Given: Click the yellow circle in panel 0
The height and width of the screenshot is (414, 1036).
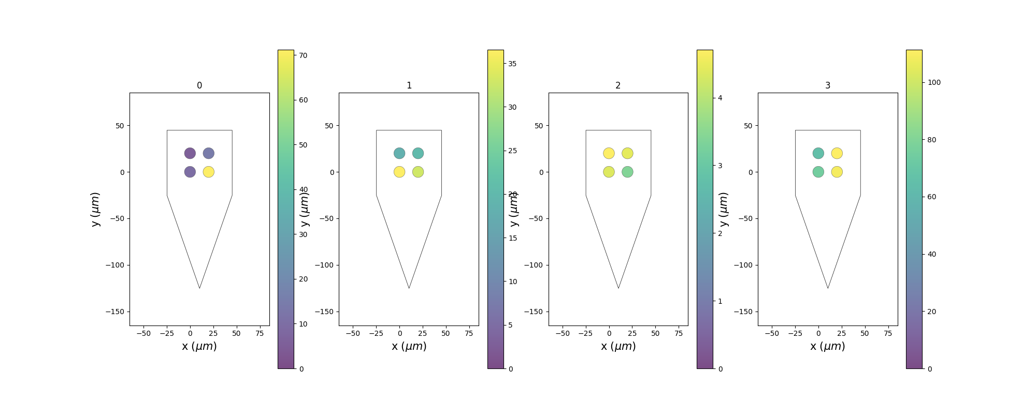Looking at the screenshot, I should (x=208, y=172).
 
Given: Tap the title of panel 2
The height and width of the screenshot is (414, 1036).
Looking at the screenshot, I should (x=618, y=85).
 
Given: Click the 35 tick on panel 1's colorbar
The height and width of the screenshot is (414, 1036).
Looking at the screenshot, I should (x=512, y=64).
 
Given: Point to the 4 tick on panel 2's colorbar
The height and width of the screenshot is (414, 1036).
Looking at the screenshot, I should (x=720, y=98).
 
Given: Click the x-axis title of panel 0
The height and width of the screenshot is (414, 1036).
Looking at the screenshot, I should (x=199, y=346).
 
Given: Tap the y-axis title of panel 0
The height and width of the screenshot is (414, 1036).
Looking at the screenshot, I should (x=95, y=209).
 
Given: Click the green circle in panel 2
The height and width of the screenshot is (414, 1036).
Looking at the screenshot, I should (x=627, y=172).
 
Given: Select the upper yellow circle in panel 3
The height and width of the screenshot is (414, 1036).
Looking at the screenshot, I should (x=837, y=153).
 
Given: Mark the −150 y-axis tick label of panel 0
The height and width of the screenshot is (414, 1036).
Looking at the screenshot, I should (x=118, y=312).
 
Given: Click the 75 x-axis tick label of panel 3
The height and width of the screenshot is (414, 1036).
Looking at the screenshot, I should (x=888, y=333).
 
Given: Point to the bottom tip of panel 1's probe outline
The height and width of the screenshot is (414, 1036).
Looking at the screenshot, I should (x=409, y=288).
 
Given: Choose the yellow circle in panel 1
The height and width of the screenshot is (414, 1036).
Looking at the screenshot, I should (x=399, y=172).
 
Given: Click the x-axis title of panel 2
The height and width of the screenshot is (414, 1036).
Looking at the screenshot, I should (x=618, y=346).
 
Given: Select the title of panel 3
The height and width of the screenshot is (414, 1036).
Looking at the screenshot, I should (x=828, y=85).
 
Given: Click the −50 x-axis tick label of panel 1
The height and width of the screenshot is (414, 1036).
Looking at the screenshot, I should (x=353, y=333).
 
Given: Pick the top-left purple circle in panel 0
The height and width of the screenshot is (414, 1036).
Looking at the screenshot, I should (x=190, y=153).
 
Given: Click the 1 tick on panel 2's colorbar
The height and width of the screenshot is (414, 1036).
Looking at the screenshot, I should (x=720, y=301).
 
